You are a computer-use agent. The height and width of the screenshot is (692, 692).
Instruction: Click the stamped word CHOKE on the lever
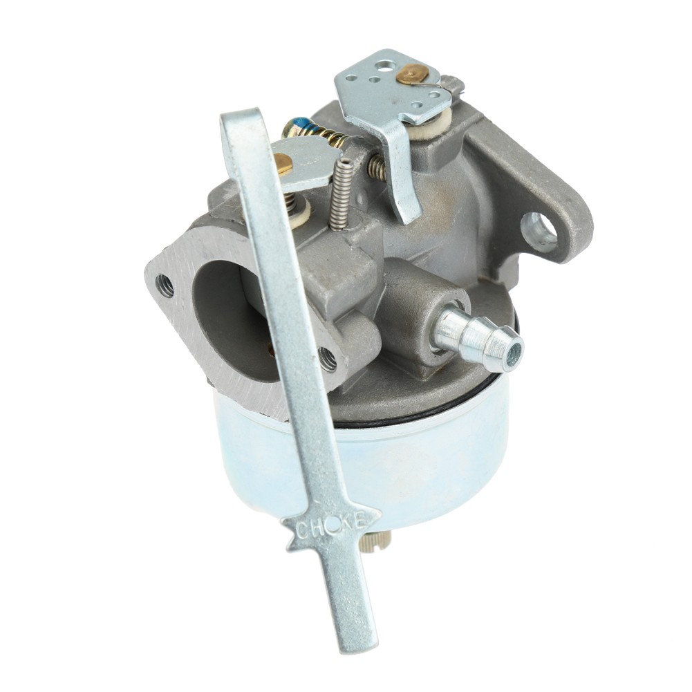(x=330, y=526)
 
